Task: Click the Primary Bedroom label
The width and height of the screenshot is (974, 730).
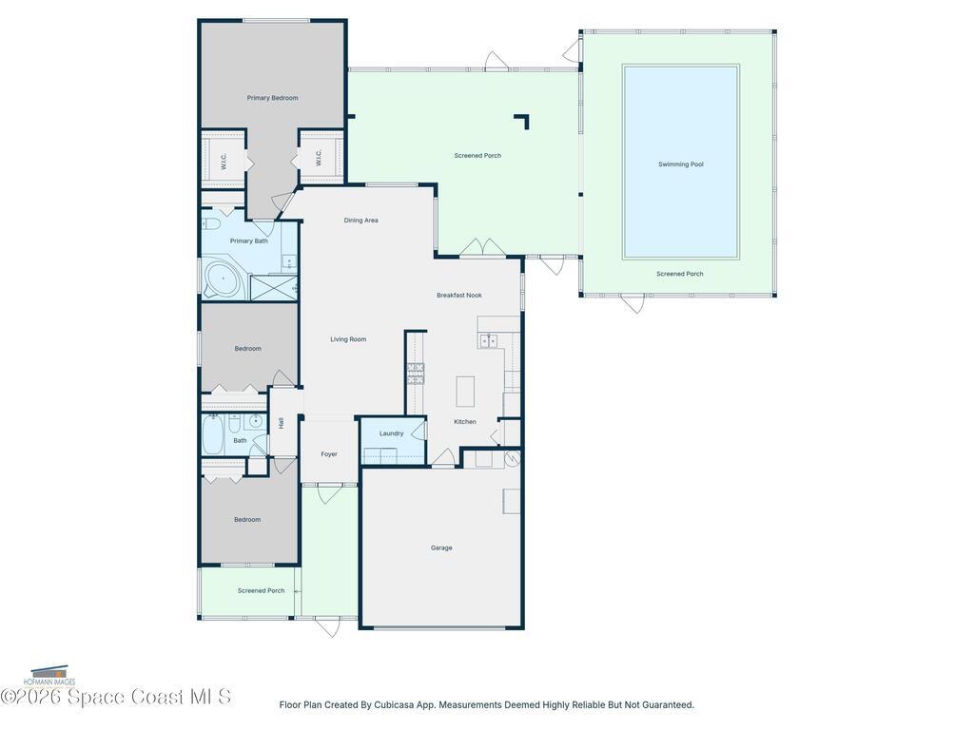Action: pyautogui.click(x=272, y=98)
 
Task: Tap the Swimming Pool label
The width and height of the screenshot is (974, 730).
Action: pyautogui.click(x=681, y=164)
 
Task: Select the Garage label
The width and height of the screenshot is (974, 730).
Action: pyautogui.click(x=441, y=548)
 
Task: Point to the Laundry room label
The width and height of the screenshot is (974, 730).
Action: pyautogui.click(x=391, y=433)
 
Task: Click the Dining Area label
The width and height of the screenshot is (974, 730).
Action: pyautogui.click(x=360, y=221)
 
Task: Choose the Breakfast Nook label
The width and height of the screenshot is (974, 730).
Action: pyautogui.click(x=459, y=296)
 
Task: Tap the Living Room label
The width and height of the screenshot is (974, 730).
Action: pyautogui.click(x=348, y=339)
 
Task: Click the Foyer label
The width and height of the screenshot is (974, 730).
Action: pyautogui.click(x=329, y=454)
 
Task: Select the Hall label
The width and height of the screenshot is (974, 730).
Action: pyautogui.click(x=282, y=423)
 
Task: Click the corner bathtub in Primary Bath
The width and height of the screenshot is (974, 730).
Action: pyautogui.click(x=222, y=280)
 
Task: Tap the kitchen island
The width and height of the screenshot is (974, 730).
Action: pyautogui.click(x=465, y=391)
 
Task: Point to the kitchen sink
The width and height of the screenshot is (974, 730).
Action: pyautogui.click(x=488, y=340)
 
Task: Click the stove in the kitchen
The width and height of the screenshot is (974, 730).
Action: pyautogui.click(x=416, y=374)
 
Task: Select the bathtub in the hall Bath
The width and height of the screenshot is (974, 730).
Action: pyautogui.click(x=213, y=434)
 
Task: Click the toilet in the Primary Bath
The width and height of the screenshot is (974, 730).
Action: pyautogui.click(x=210, y=224)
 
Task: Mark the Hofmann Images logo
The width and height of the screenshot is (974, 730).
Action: pyautogui.click(x=49, y=676)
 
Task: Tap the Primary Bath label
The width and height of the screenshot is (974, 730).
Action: pyautogui.click(x=248, y=240)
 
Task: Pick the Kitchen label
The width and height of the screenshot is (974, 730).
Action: pyautogui.click(x=464, y=422)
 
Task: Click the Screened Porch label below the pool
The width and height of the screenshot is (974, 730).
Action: pyautogui.click(x=679, y=274)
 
